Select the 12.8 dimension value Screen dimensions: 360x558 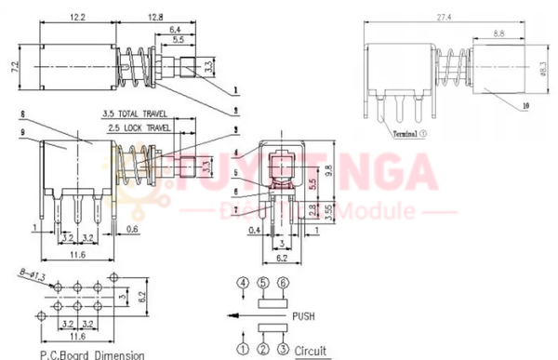coord(153,18)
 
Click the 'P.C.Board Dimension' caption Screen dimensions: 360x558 coord(91,353)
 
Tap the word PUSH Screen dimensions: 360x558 coord(304,316)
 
